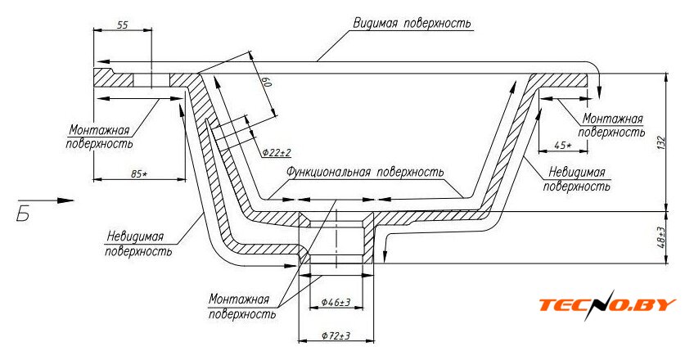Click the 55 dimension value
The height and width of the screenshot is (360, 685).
pos(123,25)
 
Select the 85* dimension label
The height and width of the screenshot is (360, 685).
pos(139,174)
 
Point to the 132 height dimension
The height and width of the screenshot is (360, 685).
pos(660,143)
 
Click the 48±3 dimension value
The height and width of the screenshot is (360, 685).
pos(661,237)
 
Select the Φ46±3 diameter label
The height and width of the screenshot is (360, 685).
pos(336,303)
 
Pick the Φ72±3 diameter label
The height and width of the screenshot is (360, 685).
pos(336,336)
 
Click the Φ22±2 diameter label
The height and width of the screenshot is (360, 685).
pos(277,152)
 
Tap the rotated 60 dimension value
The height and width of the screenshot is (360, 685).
pos(268,83)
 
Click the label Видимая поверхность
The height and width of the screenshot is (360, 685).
pos(412,23)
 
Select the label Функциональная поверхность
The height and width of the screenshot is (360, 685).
pos(365,172)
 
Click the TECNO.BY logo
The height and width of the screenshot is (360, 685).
pos(607,304)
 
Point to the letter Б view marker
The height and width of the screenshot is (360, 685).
pos(23,214)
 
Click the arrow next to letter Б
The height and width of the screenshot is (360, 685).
pos(46,200)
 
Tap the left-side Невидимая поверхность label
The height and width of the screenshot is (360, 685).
pos(138,244)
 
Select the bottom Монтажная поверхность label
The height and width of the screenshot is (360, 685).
pos(241,307)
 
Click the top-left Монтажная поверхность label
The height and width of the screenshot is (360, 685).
pos(99,137)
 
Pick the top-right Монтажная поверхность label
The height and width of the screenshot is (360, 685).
pos(611,125)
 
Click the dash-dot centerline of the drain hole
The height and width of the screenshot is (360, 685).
pos(336,239)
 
